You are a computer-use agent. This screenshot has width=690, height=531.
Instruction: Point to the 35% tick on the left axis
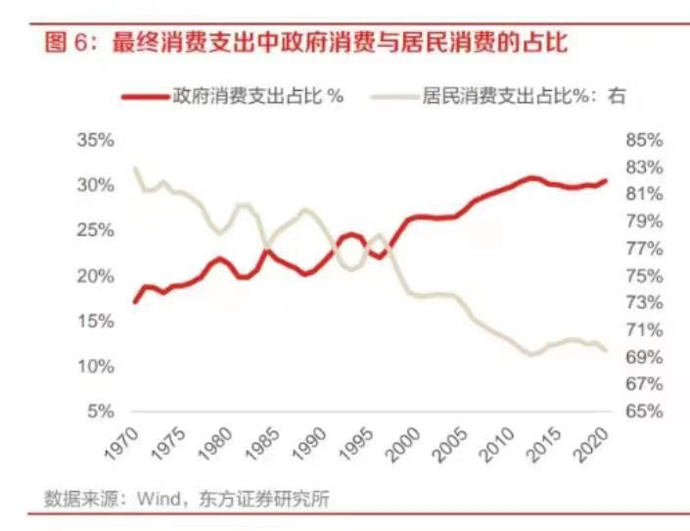pos(95,140)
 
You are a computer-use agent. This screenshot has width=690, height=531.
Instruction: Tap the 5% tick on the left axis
pos(99,411)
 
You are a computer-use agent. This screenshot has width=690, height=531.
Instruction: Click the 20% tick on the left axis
pos(95,276)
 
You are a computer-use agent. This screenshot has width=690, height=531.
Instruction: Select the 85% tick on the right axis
pos(644,140)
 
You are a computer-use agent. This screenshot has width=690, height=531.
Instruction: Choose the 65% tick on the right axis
pos(644,411)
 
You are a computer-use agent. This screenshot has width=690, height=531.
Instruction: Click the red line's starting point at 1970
pos(135,301)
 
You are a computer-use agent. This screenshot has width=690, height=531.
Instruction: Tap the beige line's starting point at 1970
pos(135,167)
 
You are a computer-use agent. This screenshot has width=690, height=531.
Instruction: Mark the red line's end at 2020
pos(606,180)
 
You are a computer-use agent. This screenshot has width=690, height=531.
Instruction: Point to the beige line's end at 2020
pos(606,350)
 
